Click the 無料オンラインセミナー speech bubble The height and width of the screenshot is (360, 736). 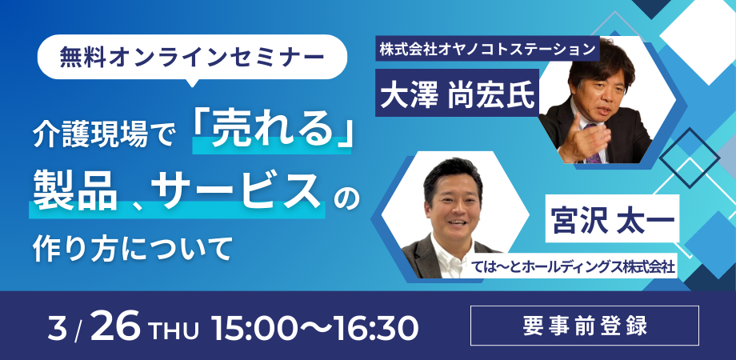tap(192, 57)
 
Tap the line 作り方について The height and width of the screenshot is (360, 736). tap(133, 248)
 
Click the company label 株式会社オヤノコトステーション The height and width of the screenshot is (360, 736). tap(488, 50)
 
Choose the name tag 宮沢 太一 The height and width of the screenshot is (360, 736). tap(613, 221)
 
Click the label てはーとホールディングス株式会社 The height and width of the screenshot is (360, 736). tap(574, 269)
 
